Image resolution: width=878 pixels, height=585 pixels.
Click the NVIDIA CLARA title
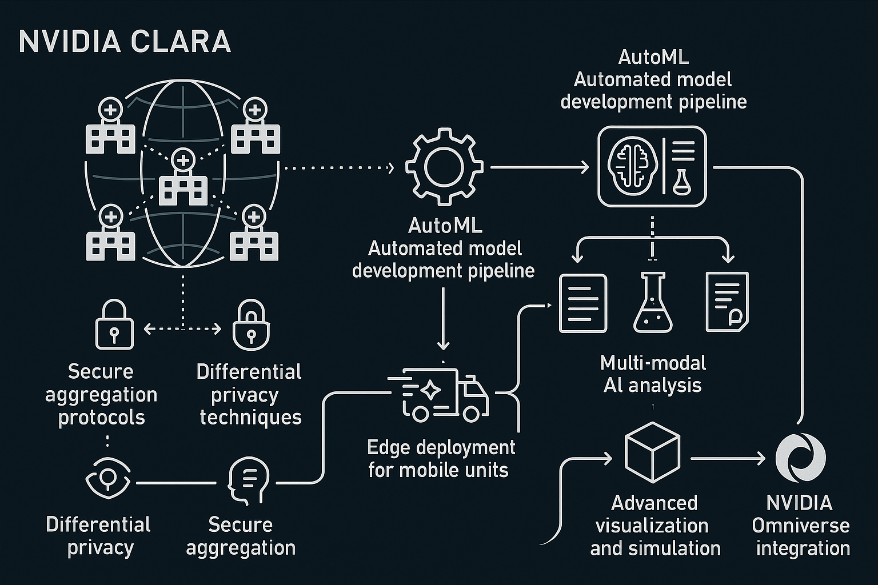coord(125,42)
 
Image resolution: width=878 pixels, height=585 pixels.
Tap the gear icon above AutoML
coord(444,167)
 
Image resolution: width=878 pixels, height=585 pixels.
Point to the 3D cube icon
coord(652,452)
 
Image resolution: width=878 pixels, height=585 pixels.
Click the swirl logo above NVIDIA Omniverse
coord(800,458)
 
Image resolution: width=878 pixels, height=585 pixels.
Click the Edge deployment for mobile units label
coord(440,458)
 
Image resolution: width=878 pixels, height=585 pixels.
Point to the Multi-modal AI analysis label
coord(653,374)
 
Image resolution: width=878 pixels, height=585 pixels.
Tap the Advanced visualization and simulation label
coord(655,526)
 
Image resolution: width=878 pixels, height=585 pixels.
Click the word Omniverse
coord(800,526)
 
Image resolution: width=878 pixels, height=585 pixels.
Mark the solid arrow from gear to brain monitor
coord(539,167)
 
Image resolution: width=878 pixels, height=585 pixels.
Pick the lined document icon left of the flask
coord(582,303)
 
